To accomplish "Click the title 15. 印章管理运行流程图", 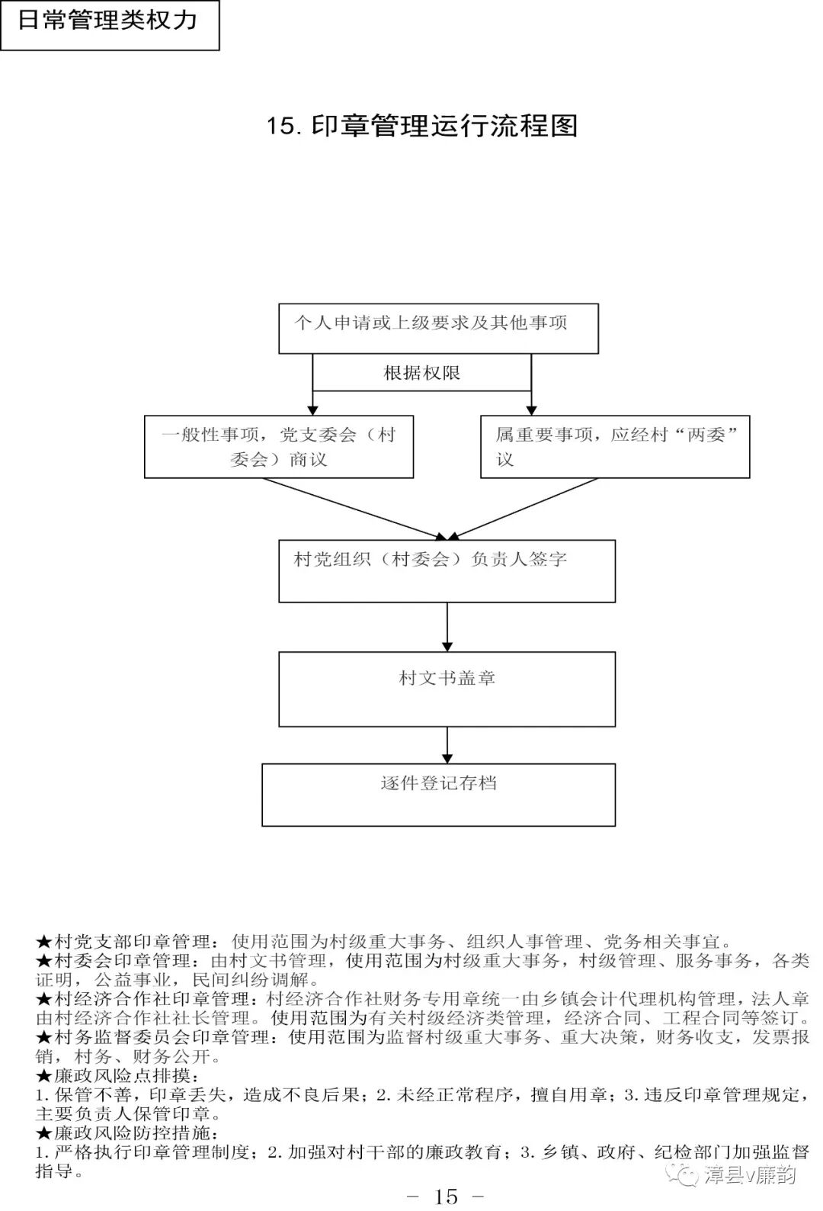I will pos(421,126).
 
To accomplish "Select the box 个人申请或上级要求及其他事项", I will pos(438,329).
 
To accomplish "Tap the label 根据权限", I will pos(421,373).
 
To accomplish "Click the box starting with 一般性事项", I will pos(279,447).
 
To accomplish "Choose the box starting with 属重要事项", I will pos(615,447).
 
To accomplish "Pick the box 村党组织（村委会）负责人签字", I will pos(447,571).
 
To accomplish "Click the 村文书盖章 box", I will pos(447,689).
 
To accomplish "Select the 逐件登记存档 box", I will pos(438,795).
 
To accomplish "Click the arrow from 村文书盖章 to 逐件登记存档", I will pos(447,745).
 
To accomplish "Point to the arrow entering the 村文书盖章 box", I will pos(447,627).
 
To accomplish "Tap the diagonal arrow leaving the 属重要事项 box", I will pos(526,509).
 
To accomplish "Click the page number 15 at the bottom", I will pos(446,1196).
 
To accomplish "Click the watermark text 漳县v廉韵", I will pos(750,1174).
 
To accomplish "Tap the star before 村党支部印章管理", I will pos(43,943).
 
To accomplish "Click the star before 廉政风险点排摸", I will pos(43,1076).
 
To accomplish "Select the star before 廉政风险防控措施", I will pos(43,1133).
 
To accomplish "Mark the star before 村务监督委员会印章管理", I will pos(43,1038).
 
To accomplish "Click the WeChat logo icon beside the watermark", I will pos(683,1174).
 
